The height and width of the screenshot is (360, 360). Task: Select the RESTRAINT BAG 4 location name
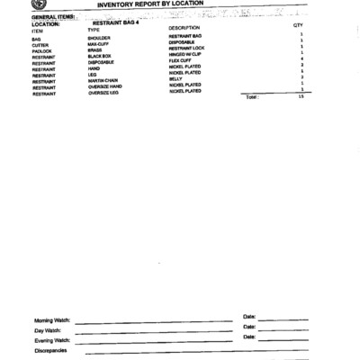point(116,22)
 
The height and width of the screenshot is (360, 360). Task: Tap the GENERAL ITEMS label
point(52,16)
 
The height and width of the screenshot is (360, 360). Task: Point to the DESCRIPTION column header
point(184,29)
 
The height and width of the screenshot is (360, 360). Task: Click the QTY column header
point(298,26)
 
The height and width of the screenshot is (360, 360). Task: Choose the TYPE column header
point(94,30)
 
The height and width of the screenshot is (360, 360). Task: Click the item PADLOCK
point(41,51)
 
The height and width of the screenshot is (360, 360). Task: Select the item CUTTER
point(40,45)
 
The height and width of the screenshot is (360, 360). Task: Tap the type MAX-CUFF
point(98,45)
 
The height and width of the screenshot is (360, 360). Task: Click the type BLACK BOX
point(99,57)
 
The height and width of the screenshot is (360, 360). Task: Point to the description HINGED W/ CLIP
point(186,54)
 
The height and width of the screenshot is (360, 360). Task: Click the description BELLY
point(175,78)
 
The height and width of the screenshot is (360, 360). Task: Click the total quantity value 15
point(301,97)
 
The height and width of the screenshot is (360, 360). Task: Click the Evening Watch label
point(52,340)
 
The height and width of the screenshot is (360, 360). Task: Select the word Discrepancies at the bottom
point(50,350)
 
